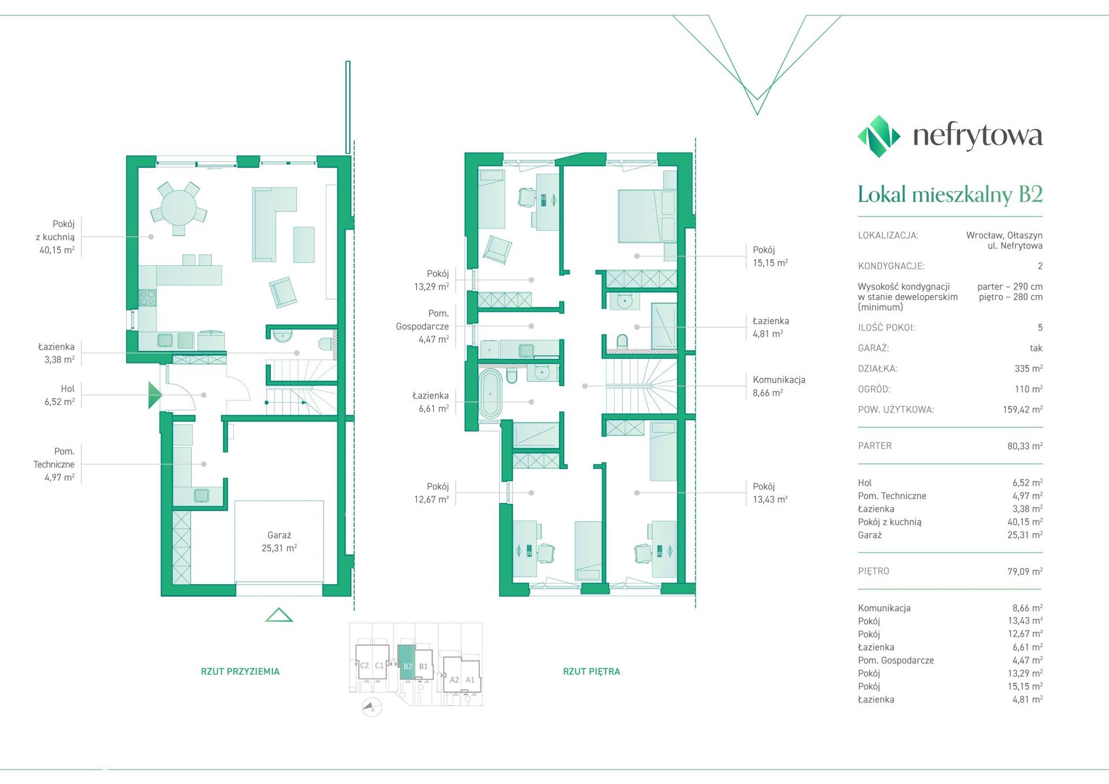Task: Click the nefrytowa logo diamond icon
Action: coord(879,136)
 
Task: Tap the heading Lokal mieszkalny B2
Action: coord(950,194)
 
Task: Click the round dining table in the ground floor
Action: coord(178,208)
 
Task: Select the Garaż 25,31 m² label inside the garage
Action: coord(279,542)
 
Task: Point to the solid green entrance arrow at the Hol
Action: coord(155,395)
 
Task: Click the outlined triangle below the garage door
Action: coord(279,615)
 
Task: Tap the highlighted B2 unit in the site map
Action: coord(407,662)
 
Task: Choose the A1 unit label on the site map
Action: coord(470,680)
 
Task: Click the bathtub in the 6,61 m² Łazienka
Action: coord(490,394)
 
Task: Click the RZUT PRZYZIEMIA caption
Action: coord(240,671)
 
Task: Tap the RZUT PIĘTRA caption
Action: coord(591,671)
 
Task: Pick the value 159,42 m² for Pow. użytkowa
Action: coord(1022,410)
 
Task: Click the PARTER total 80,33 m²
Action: coord(1025,446)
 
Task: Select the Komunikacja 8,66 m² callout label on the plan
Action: coord(779,386)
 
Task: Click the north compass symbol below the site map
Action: coord(371,707)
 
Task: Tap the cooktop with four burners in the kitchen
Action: coord(147,298)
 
